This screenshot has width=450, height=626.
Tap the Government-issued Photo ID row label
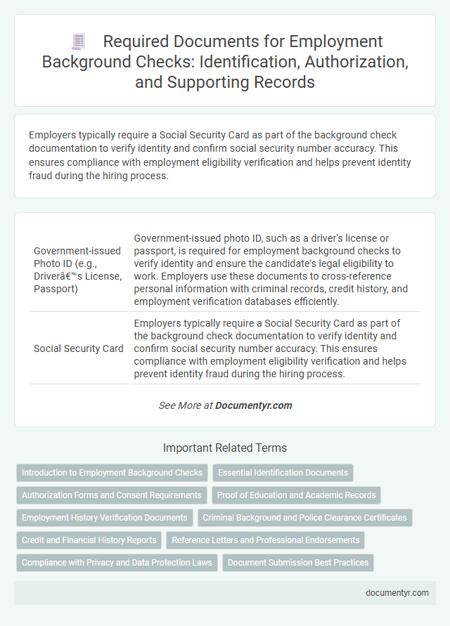click(x=77, y=269)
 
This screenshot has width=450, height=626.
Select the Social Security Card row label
click(x=79, y=348)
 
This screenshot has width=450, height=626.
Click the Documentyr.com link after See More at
click(x=253, y=405)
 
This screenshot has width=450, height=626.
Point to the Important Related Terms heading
click(x=224, y=448)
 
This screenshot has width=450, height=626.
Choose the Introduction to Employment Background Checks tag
click(x=112, y=473)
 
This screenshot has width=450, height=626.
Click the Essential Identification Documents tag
click(x=283, y=473)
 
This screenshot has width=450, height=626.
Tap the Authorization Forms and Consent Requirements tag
click(x=112, y=495)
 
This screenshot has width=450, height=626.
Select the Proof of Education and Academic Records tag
click(x=296, y=495)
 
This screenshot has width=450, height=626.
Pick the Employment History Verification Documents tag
click(x=105, y=518)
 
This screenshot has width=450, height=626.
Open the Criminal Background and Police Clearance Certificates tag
click(x=304, y=518)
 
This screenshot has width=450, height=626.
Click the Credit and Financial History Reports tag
click(x=89, y=540)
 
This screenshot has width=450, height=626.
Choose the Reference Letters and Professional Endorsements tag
click(x=266, y=540)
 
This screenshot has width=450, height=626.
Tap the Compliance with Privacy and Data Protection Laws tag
click(x=117, y=563)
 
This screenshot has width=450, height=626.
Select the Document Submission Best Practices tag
click(x=298, y=563)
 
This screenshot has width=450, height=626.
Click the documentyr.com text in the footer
click(x=397, y=592)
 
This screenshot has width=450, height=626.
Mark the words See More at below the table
click(x=186, y=405)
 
